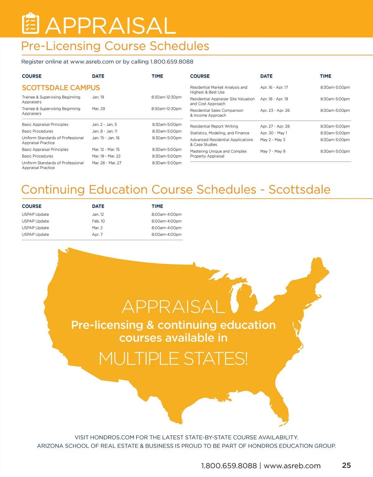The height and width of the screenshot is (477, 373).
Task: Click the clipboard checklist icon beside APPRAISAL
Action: point(30,24)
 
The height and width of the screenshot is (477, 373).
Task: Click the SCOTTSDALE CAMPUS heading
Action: point(61,88)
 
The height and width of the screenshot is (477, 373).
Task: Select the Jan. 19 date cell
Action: point(98,97)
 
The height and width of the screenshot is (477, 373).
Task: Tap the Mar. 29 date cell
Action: point(99,109)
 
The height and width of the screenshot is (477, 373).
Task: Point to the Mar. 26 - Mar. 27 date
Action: point(107,163)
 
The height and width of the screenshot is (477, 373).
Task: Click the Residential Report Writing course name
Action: point(214,126)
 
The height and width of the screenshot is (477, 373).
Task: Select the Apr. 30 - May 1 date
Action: point(274,133)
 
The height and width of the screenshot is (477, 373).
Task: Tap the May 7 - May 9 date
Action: point(273,151)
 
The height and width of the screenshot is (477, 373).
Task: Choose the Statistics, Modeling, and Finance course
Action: point(220,133)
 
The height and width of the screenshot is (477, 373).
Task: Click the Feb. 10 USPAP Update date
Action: point(98,221)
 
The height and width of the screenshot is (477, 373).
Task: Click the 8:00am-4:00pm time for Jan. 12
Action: point(167,214)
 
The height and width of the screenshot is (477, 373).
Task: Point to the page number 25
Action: point(346,465)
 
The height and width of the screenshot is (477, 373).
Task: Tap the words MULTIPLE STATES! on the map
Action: point(173,359)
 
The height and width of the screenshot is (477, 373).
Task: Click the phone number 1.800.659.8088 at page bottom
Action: point(229,466)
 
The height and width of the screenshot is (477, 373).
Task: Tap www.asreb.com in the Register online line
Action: point(92,62)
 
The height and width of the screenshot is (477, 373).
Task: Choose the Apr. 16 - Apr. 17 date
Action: point(274,88)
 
